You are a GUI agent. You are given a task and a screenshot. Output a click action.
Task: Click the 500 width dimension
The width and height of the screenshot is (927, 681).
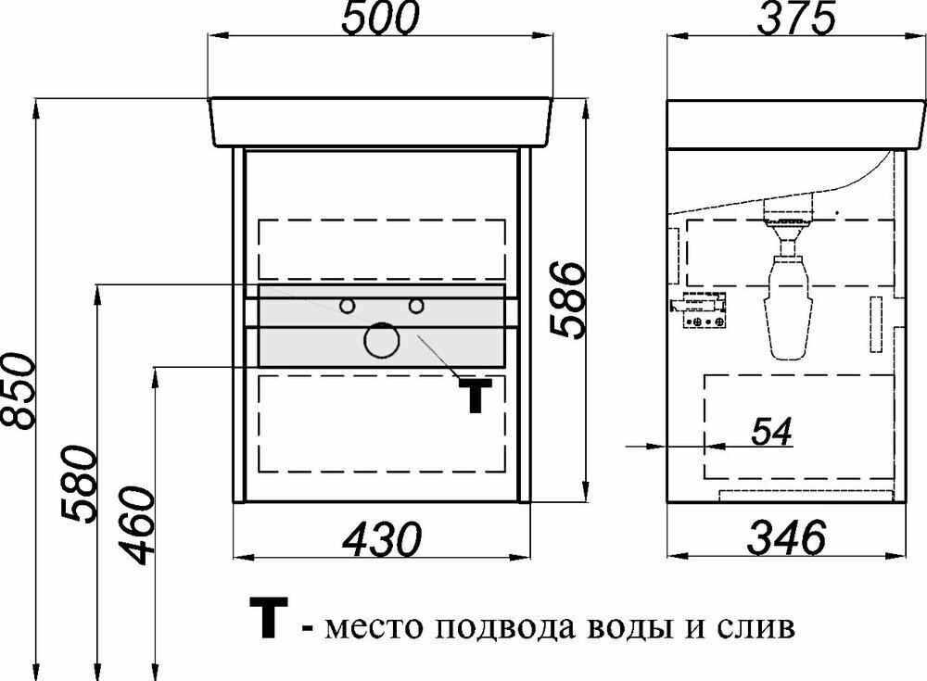380,19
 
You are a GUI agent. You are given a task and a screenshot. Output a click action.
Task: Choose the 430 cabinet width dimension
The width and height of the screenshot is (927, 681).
381,536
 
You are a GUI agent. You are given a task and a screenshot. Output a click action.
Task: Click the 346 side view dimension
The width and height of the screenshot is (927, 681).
786,536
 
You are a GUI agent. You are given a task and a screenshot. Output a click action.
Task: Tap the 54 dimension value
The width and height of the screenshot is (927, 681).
770,432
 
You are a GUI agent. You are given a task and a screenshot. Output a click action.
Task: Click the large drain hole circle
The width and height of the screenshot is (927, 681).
380,341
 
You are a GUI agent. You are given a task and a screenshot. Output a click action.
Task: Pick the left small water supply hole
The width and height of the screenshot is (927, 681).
348,305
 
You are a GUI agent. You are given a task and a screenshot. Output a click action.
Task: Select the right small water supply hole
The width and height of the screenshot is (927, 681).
416,305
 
